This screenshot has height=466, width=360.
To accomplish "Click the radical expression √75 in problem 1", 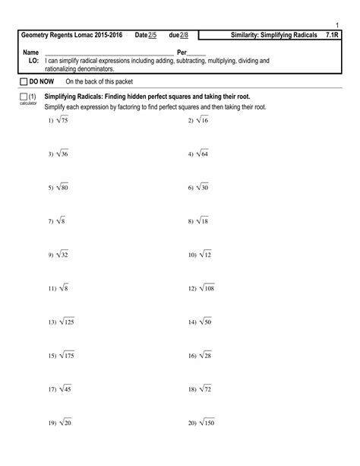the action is click(x=61, y=121).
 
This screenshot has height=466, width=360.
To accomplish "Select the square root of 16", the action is click(x=202, y=121).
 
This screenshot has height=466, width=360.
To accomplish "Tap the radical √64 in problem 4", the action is click(x=203, y=154).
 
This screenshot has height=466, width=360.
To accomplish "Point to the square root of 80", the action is click(x=61, y=187).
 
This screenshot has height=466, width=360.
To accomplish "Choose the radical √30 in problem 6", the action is click(x=203, y=187).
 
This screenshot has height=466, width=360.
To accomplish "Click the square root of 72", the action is click(x=203, y=388).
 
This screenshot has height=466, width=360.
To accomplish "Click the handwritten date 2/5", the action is click(x=152, y=36).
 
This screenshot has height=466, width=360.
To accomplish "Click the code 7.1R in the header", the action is click(x=331, y=36).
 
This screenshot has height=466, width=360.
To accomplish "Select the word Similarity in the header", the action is click(x=248, y=36).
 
